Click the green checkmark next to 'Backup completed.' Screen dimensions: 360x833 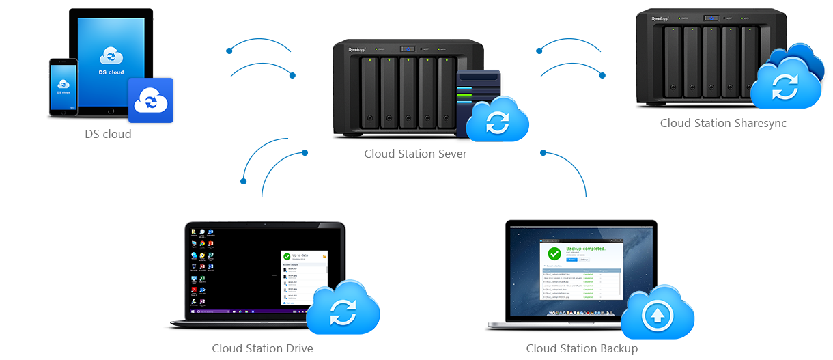[554, 253]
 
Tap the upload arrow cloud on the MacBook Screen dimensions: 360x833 [658, 316]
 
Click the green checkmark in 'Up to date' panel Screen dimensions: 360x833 [287, 257]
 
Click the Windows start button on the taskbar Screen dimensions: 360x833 [192, 311]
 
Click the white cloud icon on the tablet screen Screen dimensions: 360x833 [111, 56]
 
